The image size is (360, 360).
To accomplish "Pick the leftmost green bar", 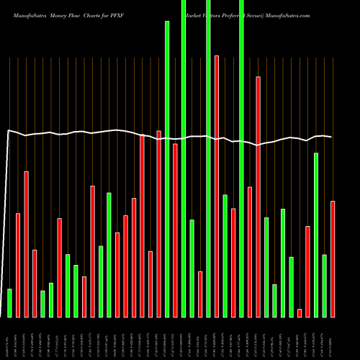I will pos(9,302).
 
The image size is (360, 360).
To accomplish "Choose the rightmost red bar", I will pos(333,259).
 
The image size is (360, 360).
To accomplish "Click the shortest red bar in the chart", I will pos(300,312).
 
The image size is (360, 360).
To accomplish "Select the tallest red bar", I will pos(217,186).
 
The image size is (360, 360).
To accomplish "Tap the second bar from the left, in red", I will pos(18,265).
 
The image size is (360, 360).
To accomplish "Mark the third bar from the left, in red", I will pos(27,244).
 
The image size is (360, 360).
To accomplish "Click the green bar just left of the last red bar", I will pos(324,286).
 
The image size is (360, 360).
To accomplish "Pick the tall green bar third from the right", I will pos(316,235).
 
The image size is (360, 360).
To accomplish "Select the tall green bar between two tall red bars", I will pos(167,169).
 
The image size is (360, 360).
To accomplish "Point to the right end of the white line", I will pos(331,137).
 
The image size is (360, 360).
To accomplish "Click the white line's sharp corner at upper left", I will pos(8,130).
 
